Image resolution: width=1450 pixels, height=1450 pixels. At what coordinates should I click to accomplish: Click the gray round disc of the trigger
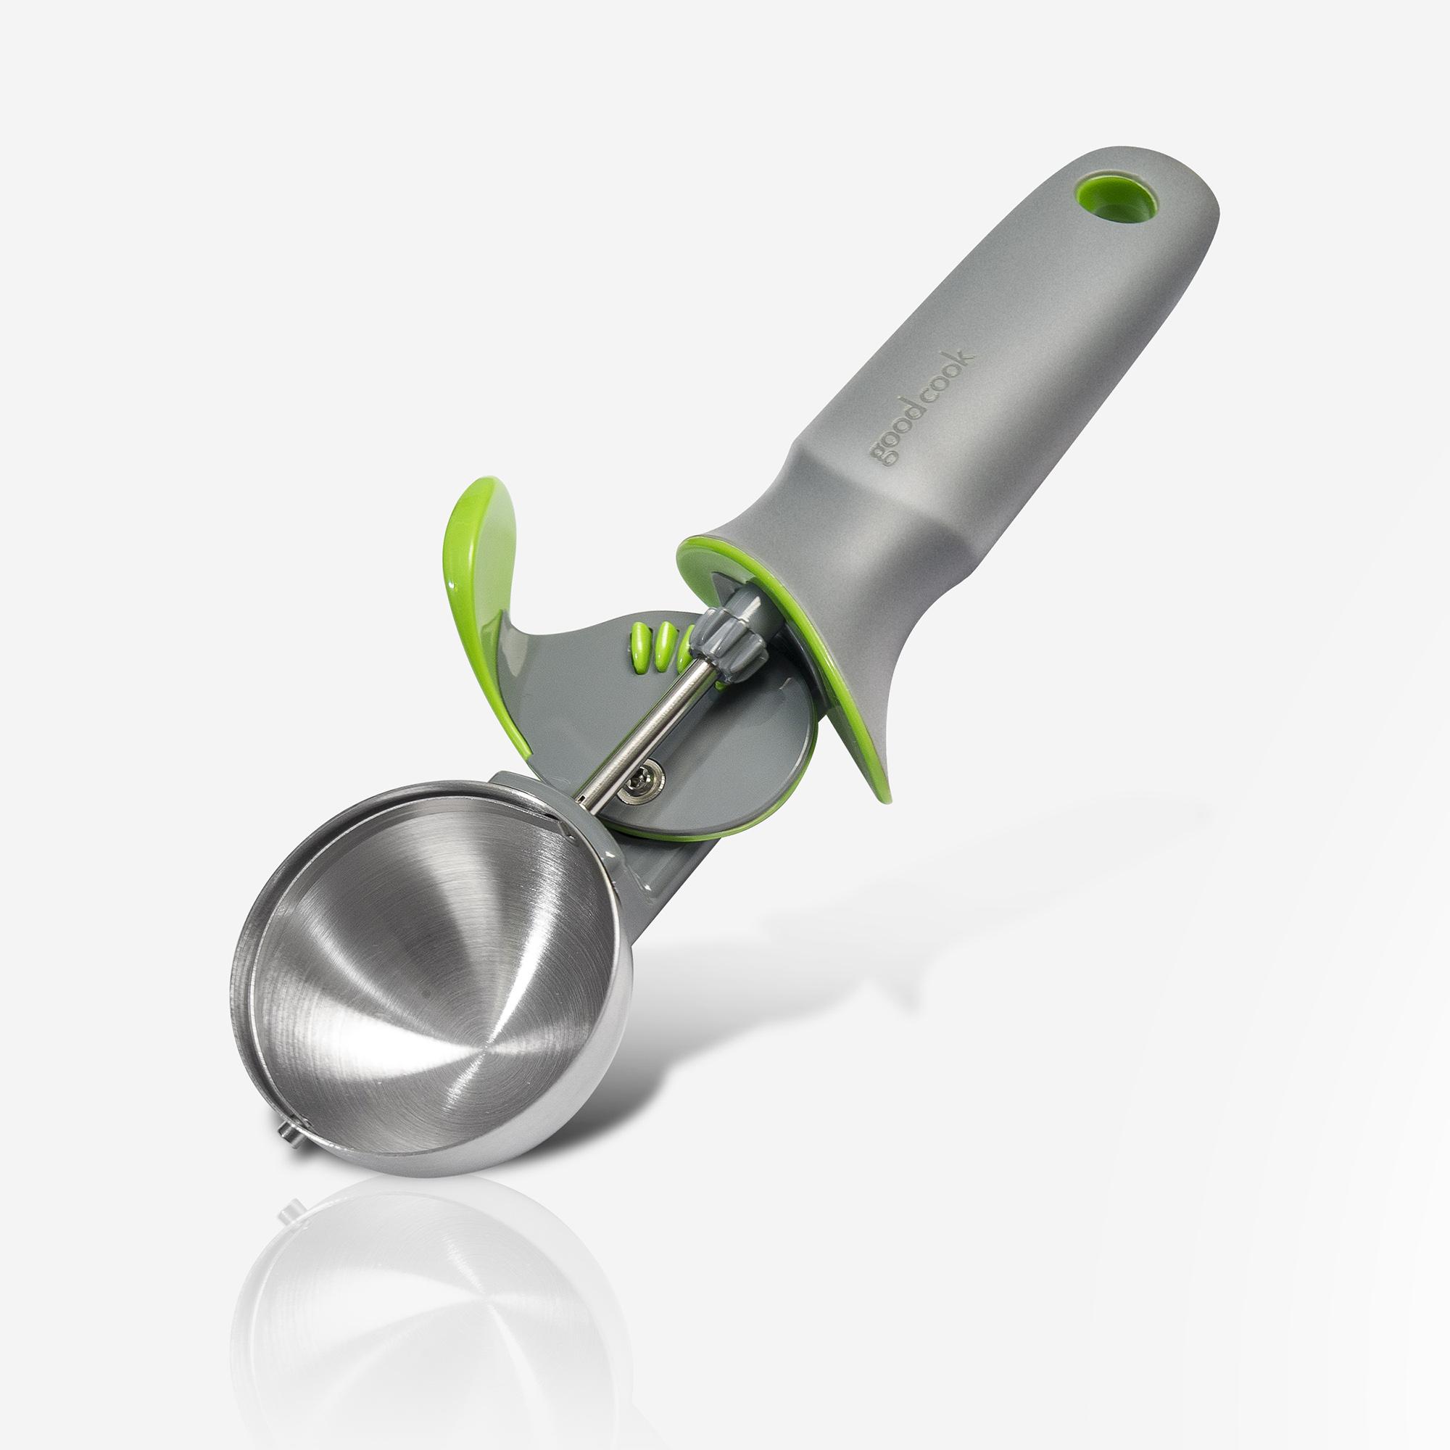click(x=721, y=750)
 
